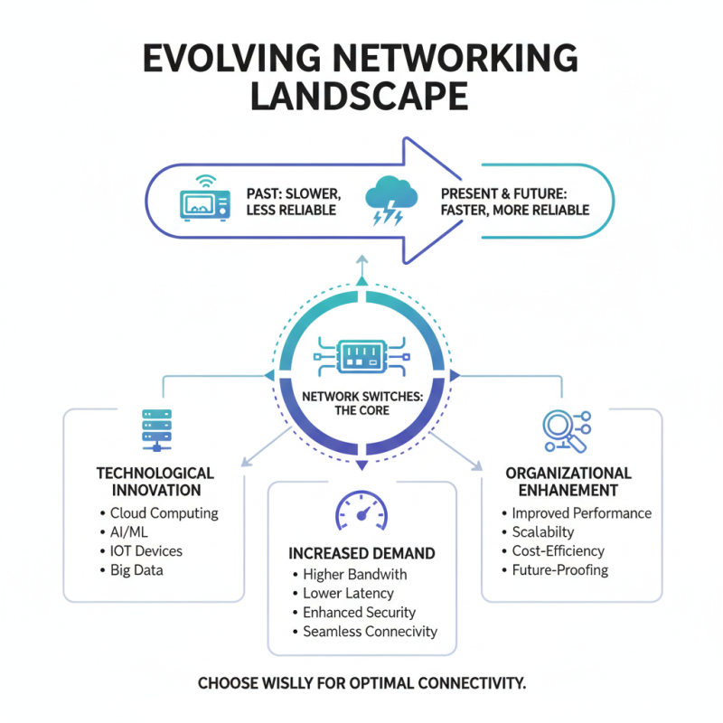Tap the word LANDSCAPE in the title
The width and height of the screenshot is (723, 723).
click(x=361, y=95)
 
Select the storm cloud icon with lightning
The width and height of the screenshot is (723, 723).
click(x=390, y=201)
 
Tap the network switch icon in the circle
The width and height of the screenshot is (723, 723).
click(x=361, y=354)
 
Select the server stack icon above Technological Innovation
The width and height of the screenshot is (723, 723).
click(x=155, y=429)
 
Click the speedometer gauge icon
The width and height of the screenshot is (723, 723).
click(x=361, y=513)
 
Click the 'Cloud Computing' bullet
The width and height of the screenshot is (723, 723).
click(x=164, y=513)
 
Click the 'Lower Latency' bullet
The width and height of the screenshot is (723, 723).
click(x=348, y=593)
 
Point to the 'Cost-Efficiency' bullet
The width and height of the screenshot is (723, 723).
click(x=558, y=550)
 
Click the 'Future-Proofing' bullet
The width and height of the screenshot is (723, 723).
click(x=559, y=569)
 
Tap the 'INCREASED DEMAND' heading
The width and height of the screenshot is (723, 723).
click(x=361, y=552)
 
